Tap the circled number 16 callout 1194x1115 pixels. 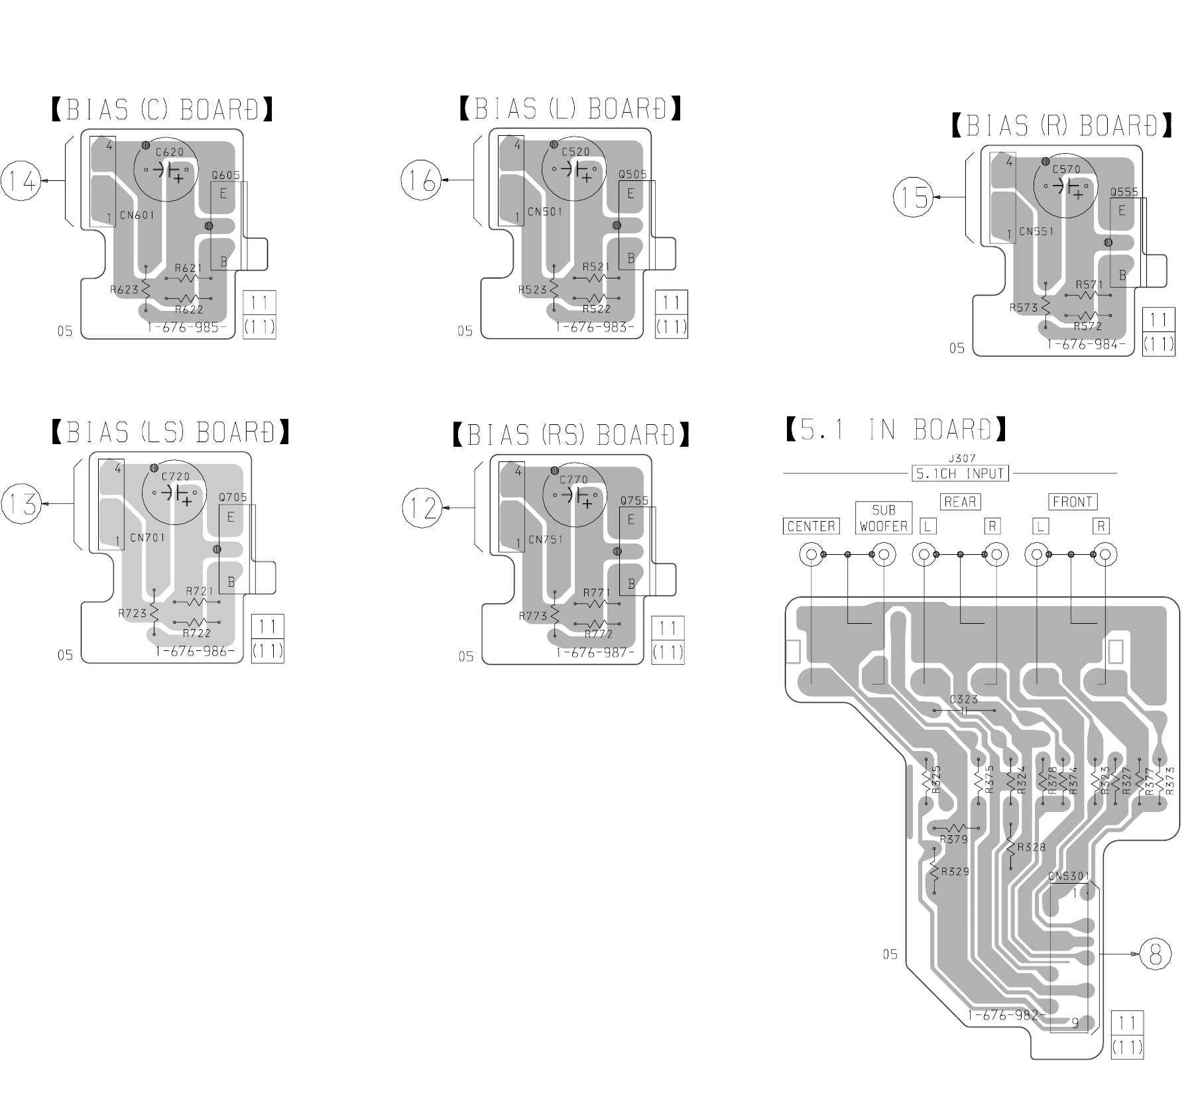coord(422,180)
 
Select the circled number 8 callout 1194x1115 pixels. coord(1156,955)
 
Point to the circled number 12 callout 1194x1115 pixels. coord(422,508)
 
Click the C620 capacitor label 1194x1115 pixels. coord(169,152)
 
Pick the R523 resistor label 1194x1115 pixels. coord(532,290)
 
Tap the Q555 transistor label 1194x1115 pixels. coord(1124,192)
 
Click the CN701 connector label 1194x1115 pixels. coord(147,538)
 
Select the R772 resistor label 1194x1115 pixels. coord(599,634)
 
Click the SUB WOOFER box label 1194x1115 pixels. coord(884,518)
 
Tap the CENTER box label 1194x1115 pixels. coord(811,526)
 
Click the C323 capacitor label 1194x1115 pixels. coord(964,699)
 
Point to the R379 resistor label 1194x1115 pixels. coord(954,839)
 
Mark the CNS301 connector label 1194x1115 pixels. coord(1069,876)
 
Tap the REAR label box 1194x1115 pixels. coord(960,502)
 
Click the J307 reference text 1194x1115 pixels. coord(962,458)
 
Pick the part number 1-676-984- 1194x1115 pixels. coord(1086,345)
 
